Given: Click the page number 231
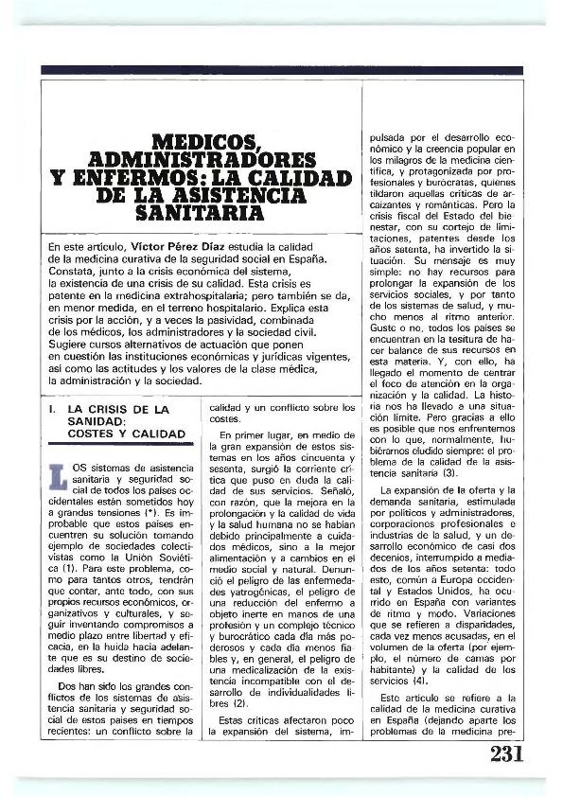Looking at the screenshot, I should click(x=507, y=754).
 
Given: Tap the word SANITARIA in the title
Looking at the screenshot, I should click(x=202, y=214).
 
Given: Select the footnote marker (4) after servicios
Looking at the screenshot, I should click(x=419, y=679).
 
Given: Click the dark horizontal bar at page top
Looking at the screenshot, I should click(x=281, y=70).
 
